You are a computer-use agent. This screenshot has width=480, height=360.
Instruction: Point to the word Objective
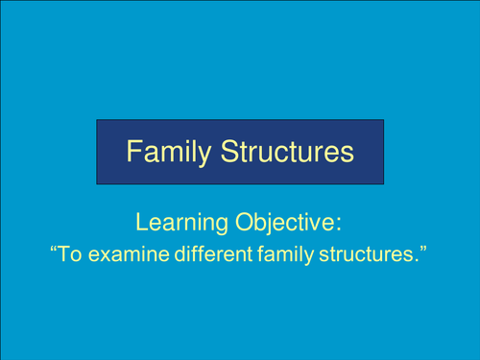click(x=289, y=224)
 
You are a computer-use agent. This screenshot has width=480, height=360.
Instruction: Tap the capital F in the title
click(x=135, y=152)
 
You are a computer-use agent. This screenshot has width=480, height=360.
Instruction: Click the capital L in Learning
click(x=142, y=224)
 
